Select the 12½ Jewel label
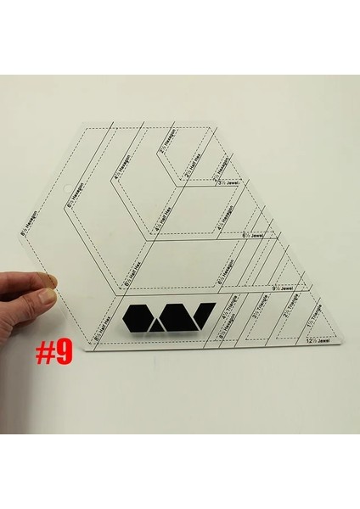(x=318, y=343)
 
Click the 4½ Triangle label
(x=226, y=325)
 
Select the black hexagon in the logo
(x=138, y=318)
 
